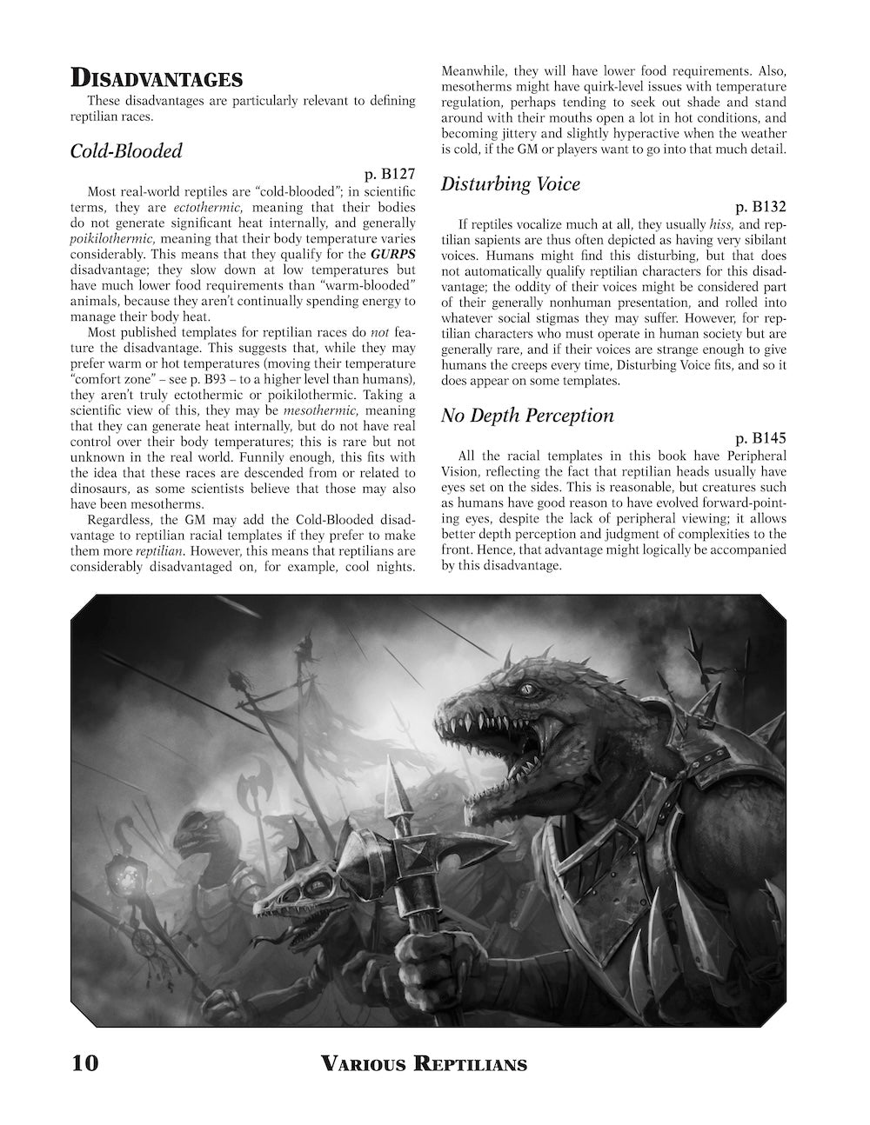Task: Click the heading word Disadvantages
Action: tap(157, 78)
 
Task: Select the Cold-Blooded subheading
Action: tap(126, 150)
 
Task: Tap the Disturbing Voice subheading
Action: tap(511, 184)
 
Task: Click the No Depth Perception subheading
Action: tap(527, 415)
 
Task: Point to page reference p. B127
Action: tap(390, 175)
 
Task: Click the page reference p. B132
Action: tap(760, 208)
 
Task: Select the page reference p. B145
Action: tap(760, 439)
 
